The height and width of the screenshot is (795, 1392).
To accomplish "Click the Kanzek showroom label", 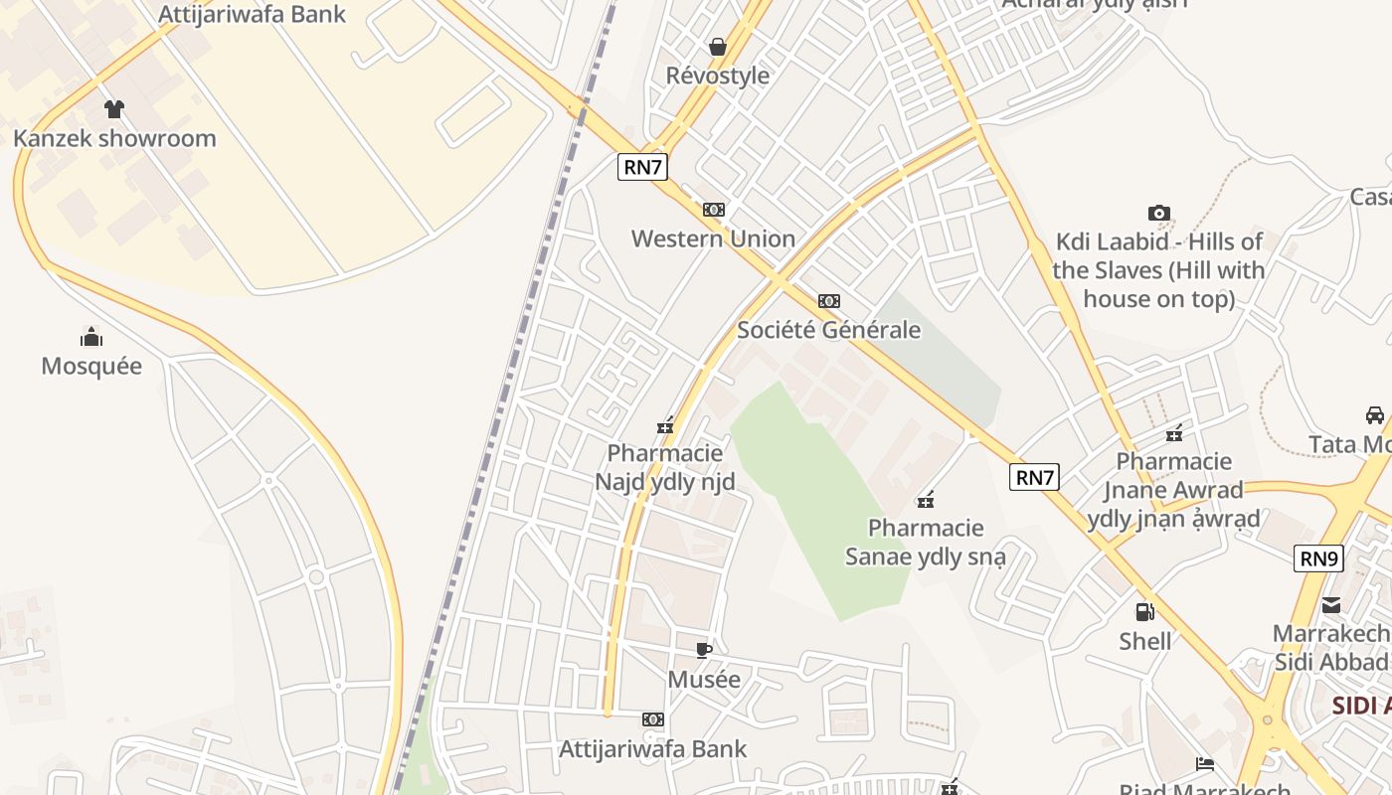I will [114, 138].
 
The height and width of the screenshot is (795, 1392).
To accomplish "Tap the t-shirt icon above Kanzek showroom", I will [114, 109].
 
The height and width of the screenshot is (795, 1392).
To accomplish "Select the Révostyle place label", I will [718, 76].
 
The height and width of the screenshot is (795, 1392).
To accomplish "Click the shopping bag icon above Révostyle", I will [718, 47].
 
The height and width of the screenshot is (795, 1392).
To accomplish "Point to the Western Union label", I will [713, 238].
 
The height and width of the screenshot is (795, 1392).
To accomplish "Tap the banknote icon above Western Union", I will [713, 210].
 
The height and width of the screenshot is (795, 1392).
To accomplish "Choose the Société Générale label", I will [829, 330].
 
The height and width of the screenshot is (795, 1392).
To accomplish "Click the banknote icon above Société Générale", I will [829, 301].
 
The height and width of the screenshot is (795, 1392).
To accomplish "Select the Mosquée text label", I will [91, 366].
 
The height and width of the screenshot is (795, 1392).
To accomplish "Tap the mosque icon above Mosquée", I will [91, 337].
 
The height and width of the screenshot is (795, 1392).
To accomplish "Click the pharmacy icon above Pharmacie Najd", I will [665, 426].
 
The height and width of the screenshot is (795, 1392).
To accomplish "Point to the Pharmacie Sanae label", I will [926, 542].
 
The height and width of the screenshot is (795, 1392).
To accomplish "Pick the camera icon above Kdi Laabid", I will [1158, 213].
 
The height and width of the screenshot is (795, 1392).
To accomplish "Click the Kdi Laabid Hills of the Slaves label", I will [1158, 270].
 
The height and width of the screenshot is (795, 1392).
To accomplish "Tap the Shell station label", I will [1145, 641].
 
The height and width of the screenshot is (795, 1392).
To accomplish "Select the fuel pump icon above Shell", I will [1145, 612].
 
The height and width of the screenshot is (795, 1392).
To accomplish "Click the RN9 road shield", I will [1319, 558].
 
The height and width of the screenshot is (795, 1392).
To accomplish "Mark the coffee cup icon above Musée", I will [704, 651].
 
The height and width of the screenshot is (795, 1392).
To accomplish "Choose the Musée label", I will [704, 680].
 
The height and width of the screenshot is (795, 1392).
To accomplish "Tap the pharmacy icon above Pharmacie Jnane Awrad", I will [1174, 433].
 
